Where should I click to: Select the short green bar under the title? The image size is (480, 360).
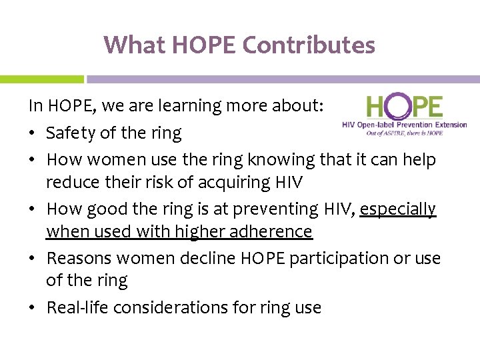41,79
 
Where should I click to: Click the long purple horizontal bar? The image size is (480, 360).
283,79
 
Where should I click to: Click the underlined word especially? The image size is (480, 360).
397,209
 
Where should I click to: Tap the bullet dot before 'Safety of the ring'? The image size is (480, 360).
33,134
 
